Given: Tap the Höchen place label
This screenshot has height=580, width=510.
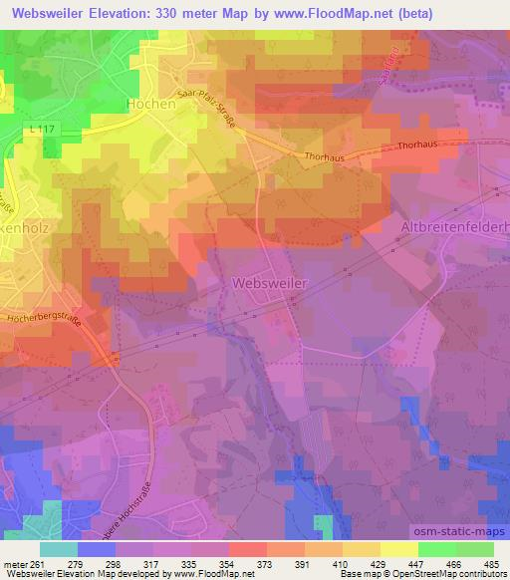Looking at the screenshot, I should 152,103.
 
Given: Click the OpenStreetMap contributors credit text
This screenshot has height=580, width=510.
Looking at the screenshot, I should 454,574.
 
